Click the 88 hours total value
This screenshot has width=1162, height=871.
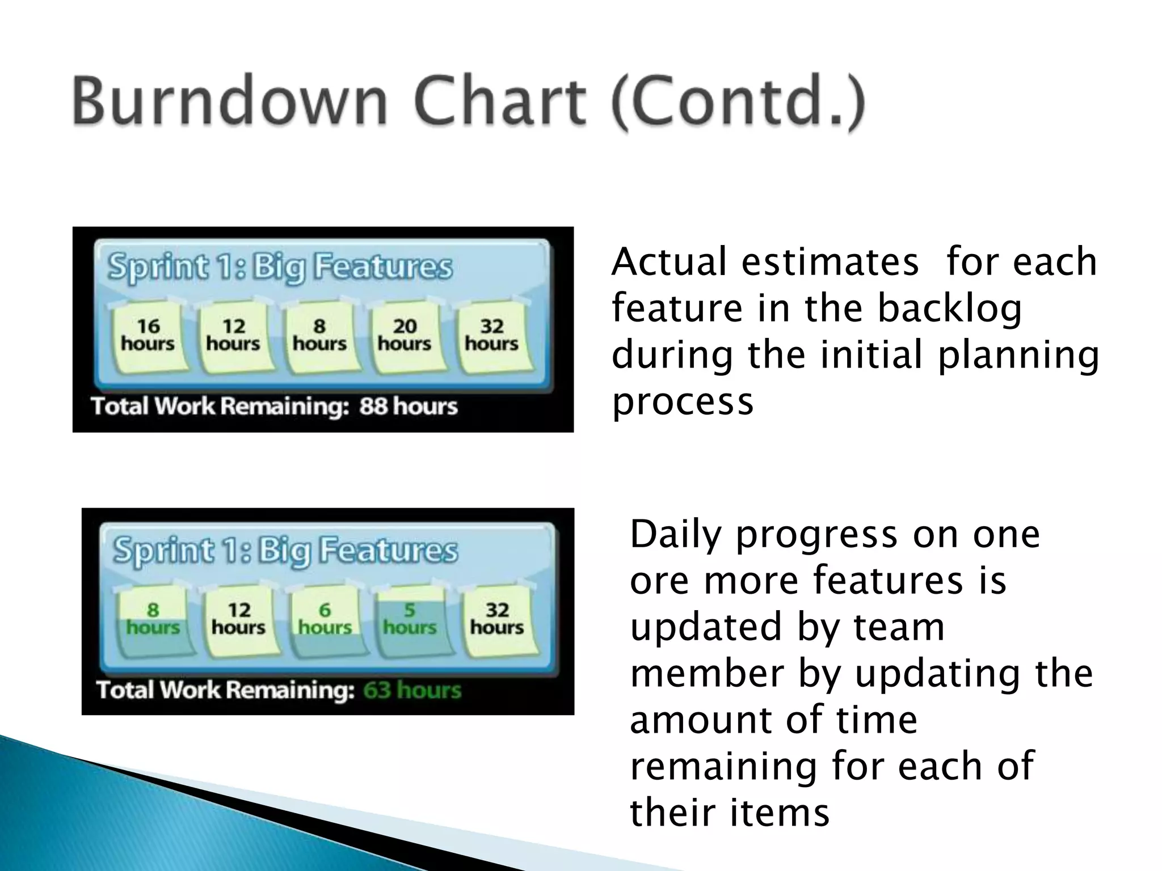coord(408,407)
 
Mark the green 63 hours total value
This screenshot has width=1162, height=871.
coord(412,690)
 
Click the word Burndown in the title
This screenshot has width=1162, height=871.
coord(230,102)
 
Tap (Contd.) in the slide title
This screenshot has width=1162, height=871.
coord(738,103)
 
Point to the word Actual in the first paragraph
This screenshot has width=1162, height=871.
coord(669,262)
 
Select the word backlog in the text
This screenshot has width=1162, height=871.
coord(950,308)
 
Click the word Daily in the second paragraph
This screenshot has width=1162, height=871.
coord(676,535)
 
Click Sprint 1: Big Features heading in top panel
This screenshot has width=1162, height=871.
coord(280,267)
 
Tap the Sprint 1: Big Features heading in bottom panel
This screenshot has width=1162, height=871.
coord(285,551)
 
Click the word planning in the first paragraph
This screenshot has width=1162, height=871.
coord(1018,355)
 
